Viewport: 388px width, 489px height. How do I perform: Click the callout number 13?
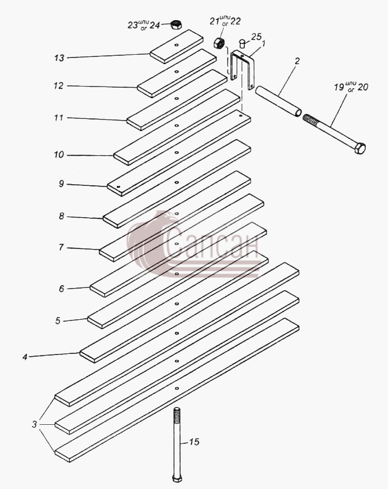pyautogui.click(x=59, y=58)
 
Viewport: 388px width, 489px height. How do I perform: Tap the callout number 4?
pyautogui.click(x=25, y=357)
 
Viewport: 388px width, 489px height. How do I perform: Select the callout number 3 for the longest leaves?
pyautogui.click(x=34, y=424)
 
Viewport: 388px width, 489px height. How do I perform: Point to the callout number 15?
pyautogui.click(x=194, y=442)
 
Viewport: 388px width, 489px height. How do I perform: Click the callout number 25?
pyautogui.click(x=256, y=37)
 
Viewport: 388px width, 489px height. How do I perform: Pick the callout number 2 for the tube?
pyautogui.click(x=297, y=61)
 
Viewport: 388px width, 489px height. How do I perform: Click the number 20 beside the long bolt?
pyautogui.click(x=363, y=87)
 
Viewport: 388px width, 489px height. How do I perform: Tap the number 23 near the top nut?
pyautogui.click(x=133, y=25)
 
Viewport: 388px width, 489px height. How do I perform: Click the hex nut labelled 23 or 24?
pyautogui.click(x=177, y=25)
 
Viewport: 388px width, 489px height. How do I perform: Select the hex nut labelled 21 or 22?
pyautogui.click(x=219, y=43)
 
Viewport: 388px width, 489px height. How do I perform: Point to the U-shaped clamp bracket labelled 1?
pyautogui.click(x=243, y=69)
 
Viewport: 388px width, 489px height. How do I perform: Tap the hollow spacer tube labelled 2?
pyautogui.click(x=279, y=102)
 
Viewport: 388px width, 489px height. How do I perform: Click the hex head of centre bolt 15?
pyautogui.click(x=177, y=478)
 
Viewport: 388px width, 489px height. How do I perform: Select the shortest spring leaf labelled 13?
pyautogui.click(x=177, y=46)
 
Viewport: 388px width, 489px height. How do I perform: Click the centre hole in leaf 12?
pyautogui.click(x=177, y=71)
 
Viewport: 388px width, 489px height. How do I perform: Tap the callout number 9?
pyautogui.click(x=61, y=184)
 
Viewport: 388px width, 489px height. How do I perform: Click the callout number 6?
pyautogui.click(x=61, y=289)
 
